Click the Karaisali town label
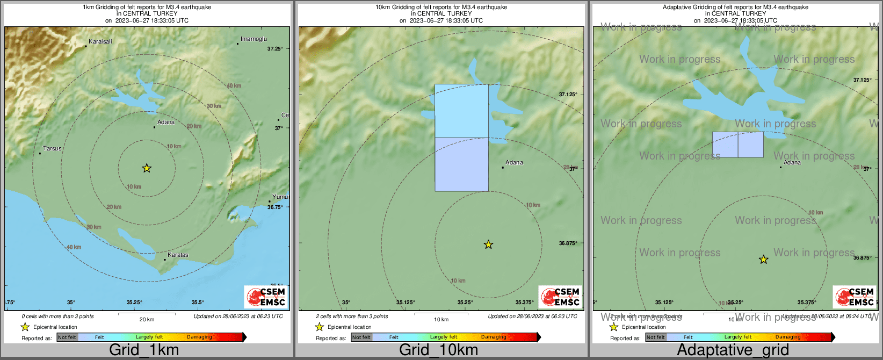pyautogui.click(x=100, y=41)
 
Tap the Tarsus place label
pyautogui.click(x=52, y=148)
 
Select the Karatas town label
pyautogui.click(x=178, y=255)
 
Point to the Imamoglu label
pyautogui.click(x=254, y=39)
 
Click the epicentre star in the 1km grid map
pyautogui.click(x=147, y=168)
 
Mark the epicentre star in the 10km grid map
pyautogui.click(x=488, y=244)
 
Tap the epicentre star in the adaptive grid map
pyautogui.click(x=763, y=260)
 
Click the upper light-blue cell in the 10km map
pyautogui.click(x=461, y=111)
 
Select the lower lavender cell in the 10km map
pyautogui.click(x=461, y=164)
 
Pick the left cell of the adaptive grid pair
pyautogui.click(x=725, y=145)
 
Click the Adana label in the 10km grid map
pyautogui.click(x=514, y=162)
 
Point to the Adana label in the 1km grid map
pyautogui.click(x=166, y=122)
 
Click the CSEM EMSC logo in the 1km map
pyautogui.click(x=266, y=297)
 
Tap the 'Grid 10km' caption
pyautogui.click(x=438, y=350)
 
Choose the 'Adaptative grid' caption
pyautogui.click(x=733, y=350)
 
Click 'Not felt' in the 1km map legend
pyautogui.click(x=67, y=337)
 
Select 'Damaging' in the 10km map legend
pyautogui.click(x=494, y=337)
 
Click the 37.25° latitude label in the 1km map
pyautogui.click(x=275, y=49)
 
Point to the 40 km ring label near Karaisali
pyautogui.click(x=234, y=86)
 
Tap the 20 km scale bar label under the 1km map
pyautogui.click(x=147, y=320)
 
